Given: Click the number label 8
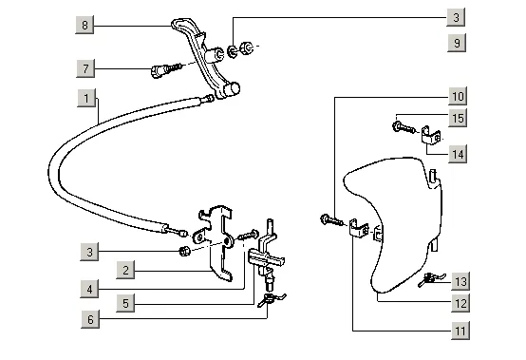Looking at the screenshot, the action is point(85,25).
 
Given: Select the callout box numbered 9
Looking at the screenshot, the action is point(457,43).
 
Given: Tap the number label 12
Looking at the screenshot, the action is point(460,303).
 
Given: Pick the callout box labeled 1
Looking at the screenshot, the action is point(86,98).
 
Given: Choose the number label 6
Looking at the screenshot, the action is point(90,319).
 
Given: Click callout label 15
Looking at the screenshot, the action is point(458,118).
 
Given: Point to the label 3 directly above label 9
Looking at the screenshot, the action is point(456,17).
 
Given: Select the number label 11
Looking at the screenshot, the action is point(460,332).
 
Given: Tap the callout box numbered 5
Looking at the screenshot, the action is point(125,303).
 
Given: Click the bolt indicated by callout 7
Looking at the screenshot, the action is point(166,69).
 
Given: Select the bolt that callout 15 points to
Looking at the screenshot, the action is point(404,127).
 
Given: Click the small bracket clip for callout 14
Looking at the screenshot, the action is point(430,136).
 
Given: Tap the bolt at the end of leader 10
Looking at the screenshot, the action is point(331,220).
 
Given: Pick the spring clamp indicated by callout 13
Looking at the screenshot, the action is point(432,280).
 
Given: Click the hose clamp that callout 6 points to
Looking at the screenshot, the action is point(271,299).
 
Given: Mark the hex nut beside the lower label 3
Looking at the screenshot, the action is point(184,251).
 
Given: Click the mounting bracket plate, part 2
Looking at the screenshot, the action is point(215,242).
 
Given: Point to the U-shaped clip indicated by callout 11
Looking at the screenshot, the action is point(358,228).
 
